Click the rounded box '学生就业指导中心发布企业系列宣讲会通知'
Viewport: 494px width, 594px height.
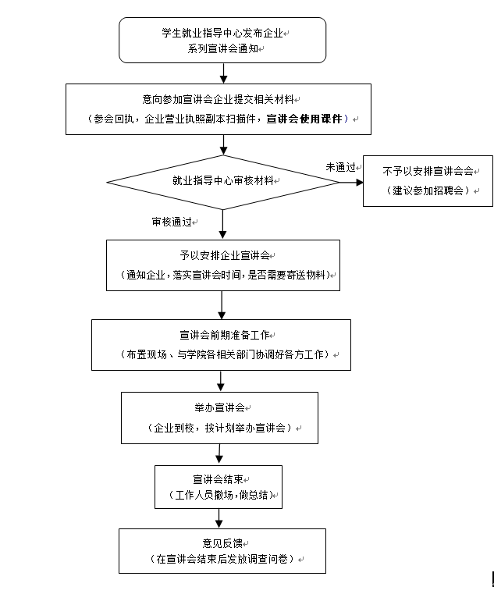pyautogui.click(x=222, y=41)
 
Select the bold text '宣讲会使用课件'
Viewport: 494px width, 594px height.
pyautogui.click(x=304, y=119)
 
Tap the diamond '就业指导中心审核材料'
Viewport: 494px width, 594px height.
pyautogui.click(x=222, y=180)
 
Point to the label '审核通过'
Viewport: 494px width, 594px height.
pyautogui.click(x=172, y=222)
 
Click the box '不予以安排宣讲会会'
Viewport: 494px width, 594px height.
pyautogui.click(x=428, y=180)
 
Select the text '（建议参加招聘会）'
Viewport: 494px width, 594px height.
pyautogui.click(x=427, y=191)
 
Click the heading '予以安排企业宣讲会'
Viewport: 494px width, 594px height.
pyautogui.click(x=222, y=256)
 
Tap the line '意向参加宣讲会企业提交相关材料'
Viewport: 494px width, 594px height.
pyautogui.click(x=222, y=99)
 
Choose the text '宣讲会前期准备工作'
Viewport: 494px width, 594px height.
pyautogui.click(x=222, y=335)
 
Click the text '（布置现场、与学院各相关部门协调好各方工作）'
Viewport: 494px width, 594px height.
pyautogui.click(x=222, y=354)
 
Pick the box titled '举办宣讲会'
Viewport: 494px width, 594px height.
pyautogui.click(x=220, y=418)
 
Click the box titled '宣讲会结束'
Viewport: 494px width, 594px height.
pyautogui.click(x=218, y=486)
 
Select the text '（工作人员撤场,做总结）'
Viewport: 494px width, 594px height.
pyautogui.click(x=218, y=496)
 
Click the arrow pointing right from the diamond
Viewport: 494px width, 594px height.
pyautogui.click(x=350, y=182)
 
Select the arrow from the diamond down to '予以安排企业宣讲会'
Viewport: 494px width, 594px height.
pyautogui.click(x=223, y=224)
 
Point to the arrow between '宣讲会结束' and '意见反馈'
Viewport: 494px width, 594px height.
pyautogui.click(x=219, y=518)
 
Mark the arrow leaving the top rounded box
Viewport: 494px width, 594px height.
pyautogui.click(x=224, y=72)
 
